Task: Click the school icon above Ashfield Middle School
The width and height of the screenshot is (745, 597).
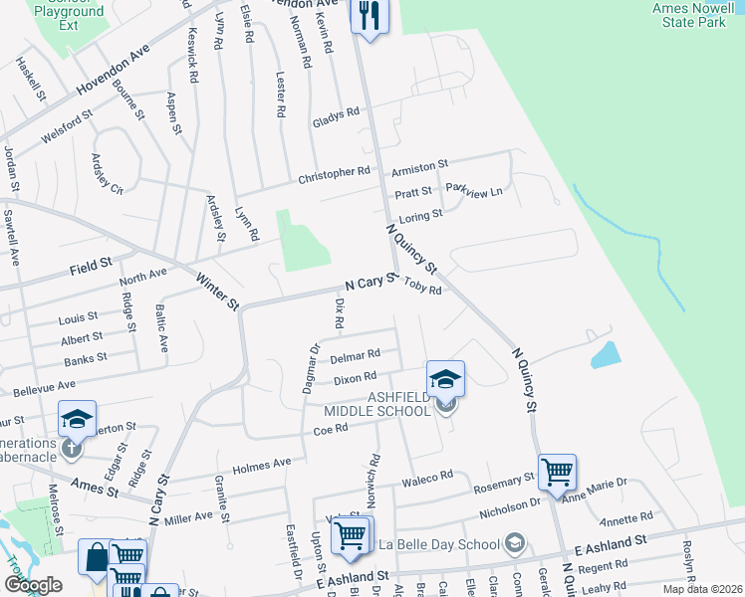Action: [445, 378]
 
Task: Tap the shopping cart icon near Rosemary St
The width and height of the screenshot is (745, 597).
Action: [557, 472]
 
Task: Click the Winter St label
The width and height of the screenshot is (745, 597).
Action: [216, 291]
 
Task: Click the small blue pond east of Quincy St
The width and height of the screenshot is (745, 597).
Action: [605, 355]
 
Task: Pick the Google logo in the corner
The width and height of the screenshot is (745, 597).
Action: [33, 585]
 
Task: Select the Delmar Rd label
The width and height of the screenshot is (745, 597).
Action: [355, 355]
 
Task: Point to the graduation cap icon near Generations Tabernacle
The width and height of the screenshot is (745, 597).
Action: [76, 420]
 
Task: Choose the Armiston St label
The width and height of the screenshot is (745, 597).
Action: [419, 165]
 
